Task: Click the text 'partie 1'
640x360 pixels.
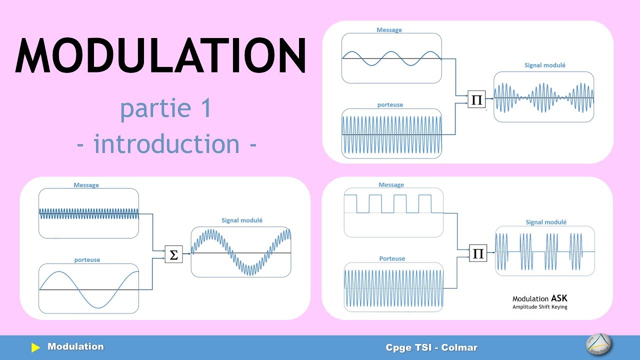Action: coord(165,109)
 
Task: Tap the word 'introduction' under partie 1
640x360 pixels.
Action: coord(166,144)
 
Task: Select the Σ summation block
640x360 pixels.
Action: coord(173,254)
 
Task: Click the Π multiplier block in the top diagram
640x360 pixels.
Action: coord(476,99)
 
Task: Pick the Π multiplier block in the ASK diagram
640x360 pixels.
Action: coord(478,253)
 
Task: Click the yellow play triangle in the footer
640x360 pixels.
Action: coord(35,347)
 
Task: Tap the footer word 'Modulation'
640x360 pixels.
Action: coord(75,346)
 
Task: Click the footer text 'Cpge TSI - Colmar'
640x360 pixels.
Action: coord(431,347)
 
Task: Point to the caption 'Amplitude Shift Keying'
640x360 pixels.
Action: coord(540,307)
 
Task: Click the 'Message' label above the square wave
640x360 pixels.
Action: coord(391,185)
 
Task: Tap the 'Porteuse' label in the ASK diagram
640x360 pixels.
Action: coord(392,258)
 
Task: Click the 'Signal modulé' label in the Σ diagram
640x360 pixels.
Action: coord(242,220)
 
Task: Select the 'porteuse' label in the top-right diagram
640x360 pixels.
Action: coord(390,105)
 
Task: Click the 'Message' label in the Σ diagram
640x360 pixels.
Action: coord(86,185)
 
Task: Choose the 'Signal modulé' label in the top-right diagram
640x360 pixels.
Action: coord(545,65)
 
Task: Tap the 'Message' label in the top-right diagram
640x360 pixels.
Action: coord(389,30)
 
